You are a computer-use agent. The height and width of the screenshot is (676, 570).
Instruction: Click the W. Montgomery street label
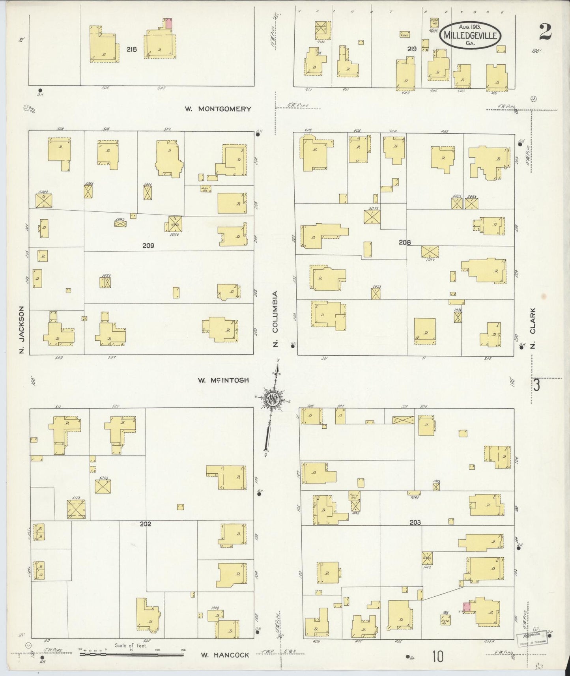218,109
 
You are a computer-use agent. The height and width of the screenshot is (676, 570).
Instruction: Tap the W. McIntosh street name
223,380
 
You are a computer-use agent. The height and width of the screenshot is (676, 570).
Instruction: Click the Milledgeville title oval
471,35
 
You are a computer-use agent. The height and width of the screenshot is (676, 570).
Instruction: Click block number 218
131,50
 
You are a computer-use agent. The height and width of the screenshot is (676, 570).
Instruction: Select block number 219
412,49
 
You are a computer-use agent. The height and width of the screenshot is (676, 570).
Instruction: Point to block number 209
148,246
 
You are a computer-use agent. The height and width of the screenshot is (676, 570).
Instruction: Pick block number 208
404,243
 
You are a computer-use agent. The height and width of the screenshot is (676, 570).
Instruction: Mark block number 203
415,523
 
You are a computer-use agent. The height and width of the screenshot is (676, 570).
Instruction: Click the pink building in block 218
168,23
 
